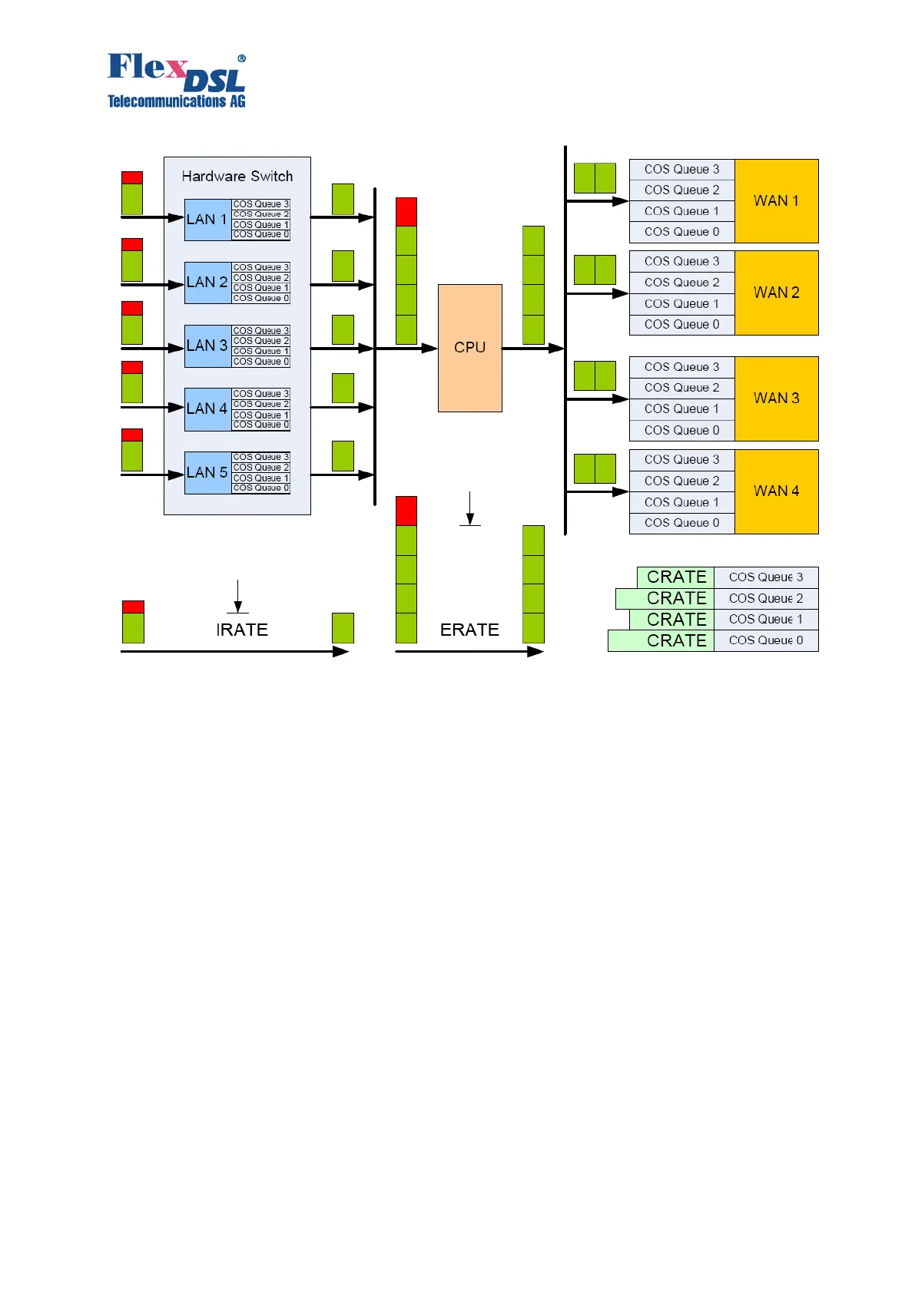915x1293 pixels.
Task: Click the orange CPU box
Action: pos(469,348)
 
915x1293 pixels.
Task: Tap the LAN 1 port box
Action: pos(207,220)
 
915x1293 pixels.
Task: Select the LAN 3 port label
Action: pos(207,346)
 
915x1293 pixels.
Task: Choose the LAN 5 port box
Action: pos(207,472)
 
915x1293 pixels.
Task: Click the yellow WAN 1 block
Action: pos(776,201)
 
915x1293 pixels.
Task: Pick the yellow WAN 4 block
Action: pos(776,491)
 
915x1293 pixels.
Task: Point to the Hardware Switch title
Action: pos(237,176)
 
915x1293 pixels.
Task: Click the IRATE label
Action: pos(242,630)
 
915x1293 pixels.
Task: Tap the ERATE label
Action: pos(469,630)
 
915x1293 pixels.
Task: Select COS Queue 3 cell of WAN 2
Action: pos(681,261)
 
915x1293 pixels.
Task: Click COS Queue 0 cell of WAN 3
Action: pos(681,430)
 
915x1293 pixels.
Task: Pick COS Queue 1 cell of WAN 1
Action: pos(681,211)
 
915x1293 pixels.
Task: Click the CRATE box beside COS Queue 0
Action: pos(661,640)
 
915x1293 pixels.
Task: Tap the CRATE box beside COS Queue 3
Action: pos(676,577)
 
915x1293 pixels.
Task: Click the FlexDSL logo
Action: pos(177,80)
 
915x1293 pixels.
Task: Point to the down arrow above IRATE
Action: pos(238,597)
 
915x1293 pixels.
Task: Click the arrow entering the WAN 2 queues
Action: pos(597,293)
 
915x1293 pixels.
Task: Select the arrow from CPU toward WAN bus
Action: pos(533,349)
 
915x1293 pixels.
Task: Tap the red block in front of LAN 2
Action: pos(132,244)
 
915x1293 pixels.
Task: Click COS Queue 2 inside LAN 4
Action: pos(261,404)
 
